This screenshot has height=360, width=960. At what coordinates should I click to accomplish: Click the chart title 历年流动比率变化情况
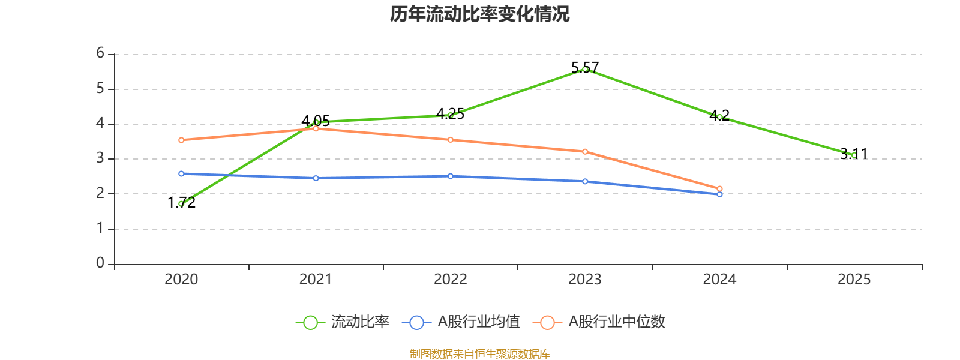click(479, 14)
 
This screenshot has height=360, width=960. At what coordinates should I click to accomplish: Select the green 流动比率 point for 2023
click(585, 69)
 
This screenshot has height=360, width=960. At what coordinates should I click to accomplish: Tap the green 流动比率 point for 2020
click(181, 203)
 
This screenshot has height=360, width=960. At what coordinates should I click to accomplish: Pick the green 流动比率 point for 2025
click(854, 155)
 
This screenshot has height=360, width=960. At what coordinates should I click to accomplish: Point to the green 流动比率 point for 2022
click(451, 115)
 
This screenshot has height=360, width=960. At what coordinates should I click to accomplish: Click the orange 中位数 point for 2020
click(181, 140)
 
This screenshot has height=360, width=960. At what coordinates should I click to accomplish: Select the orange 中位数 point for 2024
click(719, 189)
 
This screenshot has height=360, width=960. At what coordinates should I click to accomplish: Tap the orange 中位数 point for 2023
click(585, 151)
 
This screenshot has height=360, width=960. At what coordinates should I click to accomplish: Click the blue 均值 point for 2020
click(181, 173)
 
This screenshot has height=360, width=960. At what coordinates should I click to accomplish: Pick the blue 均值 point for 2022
click(451, 176)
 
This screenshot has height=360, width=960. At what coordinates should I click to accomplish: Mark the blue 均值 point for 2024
click(719, 194)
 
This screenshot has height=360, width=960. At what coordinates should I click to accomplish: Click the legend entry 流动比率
click(343, 322)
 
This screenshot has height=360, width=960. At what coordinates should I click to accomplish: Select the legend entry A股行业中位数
click(600, 322)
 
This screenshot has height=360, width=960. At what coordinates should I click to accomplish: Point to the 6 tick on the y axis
click(100, 53)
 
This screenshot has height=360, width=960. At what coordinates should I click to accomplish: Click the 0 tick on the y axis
click(100, 263)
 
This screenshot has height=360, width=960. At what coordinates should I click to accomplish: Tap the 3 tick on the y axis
click(100, 158)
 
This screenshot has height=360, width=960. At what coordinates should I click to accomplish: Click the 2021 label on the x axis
click(316, 279)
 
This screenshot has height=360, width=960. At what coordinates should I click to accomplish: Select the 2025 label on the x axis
click(854, 279)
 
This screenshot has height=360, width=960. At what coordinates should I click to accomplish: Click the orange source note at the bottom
click(479, 354)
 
